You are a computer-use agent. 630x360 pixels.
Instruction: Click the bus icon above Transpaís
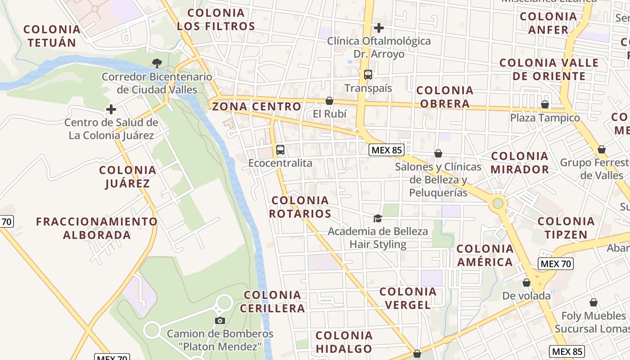[368, 75]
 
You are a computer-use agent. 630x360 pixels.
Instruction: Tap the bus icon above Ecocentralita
[280, 150]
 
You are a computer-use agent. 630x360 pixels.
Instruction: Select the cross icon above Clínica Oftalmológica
[379, 28]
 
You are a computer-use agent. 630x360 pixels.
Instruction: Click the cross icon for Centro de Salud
[111, 109]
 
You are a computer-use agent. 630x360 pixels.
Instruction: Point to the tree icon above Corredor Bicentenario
[157, 63]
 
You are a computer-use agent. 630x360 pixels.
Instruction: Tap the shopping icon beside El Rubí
[329, 101]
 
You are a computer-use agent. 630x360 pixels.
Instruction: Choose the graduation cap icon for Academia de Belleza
[378, 219]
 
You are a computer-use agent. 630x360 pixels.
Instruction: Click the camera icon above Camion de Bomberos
[220, 320]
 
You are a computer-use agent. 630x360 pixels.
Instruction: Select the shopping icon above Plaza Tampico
[545, 104]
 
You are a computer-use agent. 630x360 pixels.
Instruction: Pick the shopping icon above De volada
[526, 283]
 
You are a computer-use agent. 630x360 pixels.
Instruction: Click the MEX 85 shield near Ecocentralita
[386, 150]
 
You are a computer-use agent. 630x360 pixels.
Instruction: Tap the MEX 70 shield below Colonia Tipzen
[556, 264]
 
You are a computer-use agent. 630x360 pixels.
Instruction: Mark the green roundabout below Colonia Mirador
[498, 203]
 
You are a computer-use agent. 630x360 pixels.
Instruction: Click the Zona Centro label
[256, 107]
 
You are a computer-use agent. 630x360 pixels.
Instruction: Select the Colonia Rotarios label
[300, 207]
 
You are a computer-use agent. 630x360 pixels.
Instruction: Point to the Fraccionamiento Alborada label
[97, 228]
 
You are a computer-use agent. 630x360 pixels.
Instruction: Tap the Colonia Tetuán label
[52, 36]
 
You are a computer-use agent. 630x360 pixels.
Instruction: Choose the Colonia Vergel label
[408, 298]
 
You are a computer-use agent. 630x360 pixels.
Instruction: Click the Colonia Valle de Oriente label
[549, 69]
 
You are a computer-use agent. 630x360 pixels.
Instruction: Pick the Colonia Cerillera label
[273, 301]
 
